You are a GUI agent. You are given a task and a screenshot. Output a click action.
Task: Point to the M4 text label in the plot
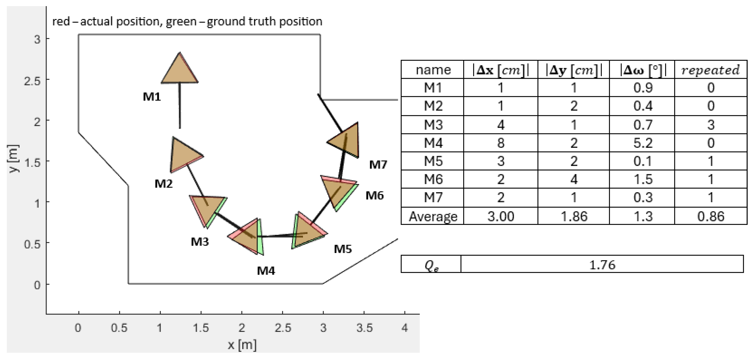[266, 270]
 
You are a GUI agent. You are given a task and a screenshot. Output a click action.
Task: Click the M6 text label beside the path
[374, 195]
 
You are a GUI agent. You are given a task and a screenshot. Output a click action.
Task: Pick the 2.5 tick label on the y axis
[32, 80]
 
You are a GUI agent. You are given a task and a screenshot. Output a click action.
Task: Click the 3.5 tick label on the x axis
[364, 328]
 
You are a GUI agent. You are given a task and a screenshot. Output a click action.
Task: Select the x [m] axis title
[242, 345]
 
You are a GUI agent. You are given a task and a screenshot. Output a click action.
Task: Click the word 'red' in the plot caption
[61, 22]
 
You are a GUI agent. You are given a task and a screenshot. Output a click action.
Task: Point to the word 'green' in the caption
[181, 22]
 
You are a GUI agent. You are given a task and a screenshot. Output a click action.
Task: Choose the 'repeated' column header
[710, 70]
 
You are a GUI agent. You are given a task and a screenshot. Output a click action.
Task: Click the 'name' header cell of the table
[433, 70]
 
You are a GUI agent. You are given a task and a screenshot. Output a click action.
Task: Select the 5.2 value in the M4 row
[643, 143]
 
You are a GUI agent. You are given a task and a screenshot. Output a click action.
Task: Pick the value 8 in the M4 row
[501, 143]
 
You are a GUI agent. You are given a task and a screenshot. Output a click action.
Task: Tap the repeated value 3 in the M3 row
[711, 125]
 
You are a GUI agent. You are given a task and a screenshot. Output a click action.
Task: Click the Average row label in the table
[433, 216]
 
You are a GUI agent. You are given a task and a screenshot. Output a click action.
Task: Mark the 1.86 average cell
[574, 216]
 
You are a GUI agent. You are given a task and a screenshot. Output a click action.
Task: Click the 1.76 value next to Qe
[602, 265]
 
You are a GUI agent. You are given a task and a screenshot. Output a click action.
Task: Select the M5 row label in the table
[433, 161]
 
